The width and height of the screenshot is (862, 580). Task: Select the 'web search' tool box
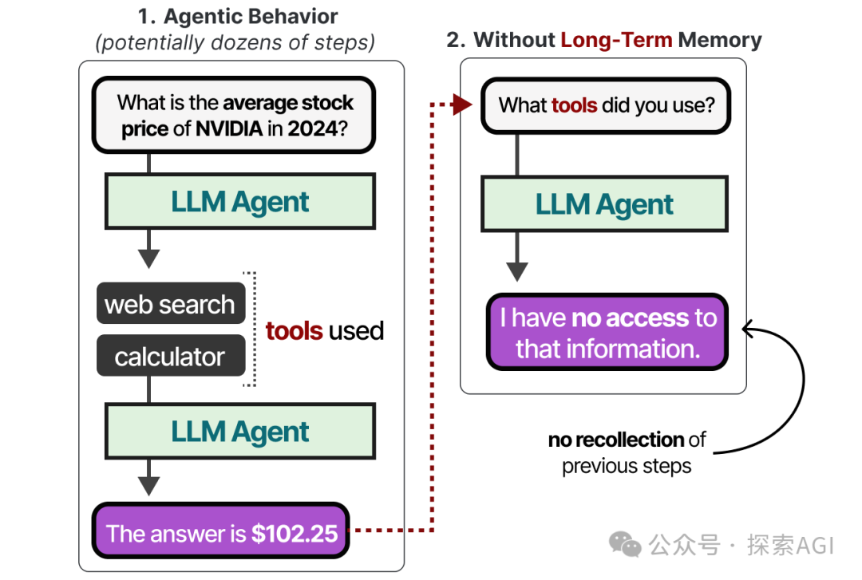tap(170, 304)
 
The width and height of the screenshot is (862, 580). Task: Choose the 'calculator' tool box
tap(170, 356)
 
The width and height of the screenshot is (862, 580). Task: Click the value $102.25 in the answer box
tap(295, 533)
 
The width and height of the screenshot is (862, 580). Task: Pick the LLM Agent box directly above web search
tap(240, 202)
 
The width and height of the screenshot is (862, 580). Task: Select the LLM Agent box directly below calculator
tap(240, 432)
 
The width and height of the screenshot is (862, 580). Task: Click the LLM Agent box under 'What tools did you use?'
tap(604, 204)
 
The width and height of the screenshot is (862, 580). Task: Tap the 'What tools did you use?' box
tap(606, 105)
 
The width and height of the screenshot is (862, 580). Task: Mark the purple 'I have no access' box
tap(607, 333)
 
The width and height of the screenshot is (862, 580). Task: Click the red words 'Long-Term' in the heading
tap(617, 40)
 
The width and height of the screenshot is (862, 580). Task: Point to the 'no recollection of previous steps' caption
tap(627, 452)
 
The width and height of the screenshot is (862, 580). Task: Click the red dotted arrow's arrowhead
tap(462, 105)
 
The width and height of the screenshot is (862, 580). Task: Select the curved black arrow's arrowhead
tap(749, 327)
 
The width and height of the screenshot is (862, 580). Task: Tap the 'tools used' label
tap(324, 330)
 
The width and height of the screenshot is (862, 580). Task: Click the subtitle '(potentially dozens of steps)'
tap(235, 41)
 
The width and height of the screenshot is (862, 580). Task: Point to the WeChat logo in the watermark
tap(624, 544)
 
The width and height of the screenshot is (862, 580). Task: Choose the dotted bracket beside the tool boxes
tap(252, 329)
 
